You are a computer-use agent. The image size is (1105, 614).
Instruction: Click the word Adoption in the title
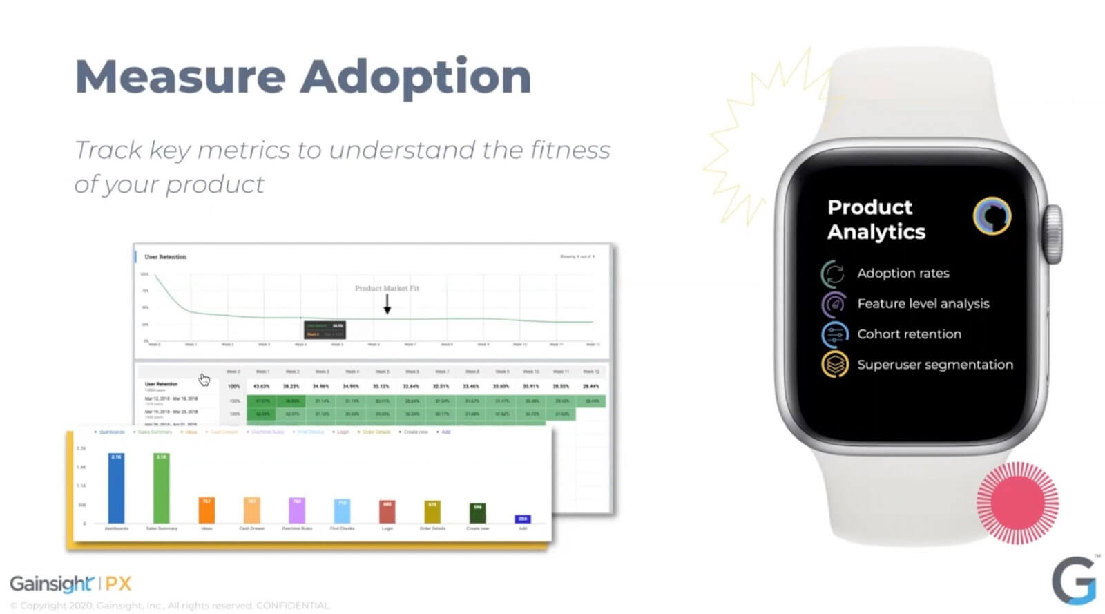(416, 77)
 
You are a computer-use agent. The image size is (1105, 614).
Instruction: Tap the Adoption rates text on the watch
(903, 274)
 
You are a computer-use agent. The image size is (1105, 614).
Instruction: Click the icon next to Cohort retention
(834, 334)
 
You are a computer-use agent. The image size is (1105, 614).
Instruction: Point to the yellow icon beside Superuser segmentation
(834, 365)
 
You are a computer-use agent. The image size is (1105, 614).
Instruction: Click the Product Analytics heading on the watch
(876, 220)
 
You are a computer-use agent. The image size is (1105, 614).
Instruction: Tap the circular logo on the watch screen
(992, 216)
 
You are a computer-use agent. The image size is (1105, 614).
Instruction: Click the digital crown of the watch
(1053, 234)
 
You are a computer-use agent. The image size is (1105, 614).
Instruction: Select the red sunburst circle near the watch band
(1017, 503)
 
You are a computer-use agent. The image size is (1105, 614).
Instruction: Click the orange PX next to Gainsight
(118, 584)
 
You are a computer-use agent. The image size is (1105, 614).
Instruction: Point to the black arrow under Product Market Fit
(387, 304)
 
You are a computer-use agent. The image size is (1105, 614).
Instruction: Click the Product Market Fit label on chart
(387, 289)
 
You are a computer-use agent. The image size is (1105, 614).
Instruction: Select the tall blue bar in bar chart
(116, 488)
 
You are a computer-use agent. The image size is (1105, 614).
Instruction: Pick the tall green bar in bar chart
(161, 488)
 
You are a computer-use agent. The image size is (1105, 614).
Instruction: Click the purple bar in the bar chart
(296, 510)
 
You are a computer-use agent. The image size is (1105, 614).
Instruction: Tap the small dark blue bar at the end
(523, 519)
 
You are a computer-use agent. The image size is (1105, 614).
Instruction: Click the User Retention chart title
(165, 257)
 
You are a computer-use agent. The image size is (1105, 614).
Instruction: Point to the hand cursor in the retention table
(204, 380)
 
